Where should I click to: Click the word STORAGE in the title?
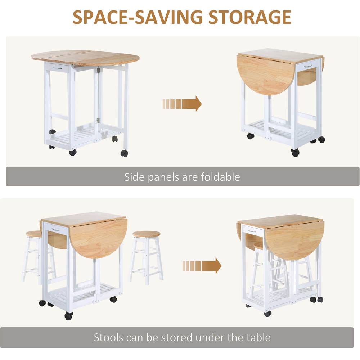tap(250, 17)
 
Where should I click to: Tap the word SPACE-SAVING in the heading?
tap(138, 17)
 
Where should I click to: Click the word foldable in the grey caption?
tap(220, 177)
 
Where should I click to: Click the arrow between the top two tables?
tap(182, 104)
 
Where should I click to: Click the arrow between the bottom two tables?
tap(202, 266)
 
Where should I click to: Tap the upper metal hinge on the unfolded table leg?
tap(98, 70)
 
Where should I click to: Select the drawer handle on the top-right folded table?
tap(308, 66)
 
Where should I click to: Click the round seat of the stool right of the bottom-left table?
tap(147, 234)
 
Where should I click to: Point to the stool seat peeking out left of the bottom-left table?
tap(34, 234)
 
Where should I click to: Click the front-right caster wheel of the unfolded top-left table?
tap(124, 153)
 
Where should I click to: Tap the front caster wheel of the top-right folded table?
tap(295, 152)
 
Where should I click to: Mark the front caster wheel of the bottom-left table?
tap(69, 316)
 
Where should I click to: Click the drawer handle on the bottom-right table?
tap(252, 231)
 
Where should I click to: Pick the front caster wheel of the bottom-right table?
tap(268, 314)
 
